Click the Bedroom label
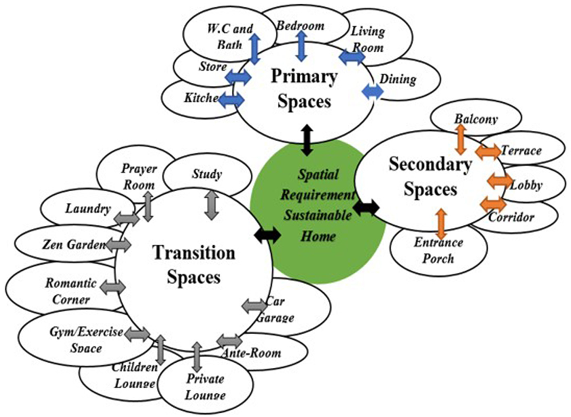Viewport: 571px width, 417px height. tap(300, 26)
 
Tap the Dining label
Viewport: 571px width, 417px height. tap(398, 79)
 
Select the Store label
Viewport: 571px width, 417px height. tap(212, 67)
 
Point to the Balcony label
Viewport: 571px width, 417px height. tap(476, 119)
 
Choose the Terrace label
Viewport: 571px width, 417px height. tap(521, 151)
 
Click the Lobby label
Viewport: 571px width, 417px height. tap(526, 186)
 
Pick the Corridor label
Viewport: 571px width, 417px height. tap(511, 217)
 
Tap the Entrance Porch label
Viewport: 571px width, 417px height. tap(438, 250)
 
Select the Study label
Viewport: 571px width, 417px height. tap(207, 174)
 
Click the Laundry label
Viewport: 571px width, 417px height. tap(88, 208)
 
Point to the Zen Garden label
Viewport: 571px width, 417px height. tap(74, 244)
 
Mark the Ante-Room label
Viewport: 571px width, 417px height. tap(252, 353)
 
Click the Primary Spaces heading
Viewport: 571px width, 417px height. tap(304, 89)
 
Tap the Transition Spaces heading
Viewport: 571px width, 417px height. tap(194, 265)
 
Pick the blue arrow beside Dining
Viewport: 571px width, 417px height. tap(373, 92)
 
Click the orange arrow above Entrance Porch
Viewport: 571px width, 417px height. tap(442, 223)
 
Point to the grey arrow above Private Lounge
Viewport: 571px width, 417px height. tap(197, 357)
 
